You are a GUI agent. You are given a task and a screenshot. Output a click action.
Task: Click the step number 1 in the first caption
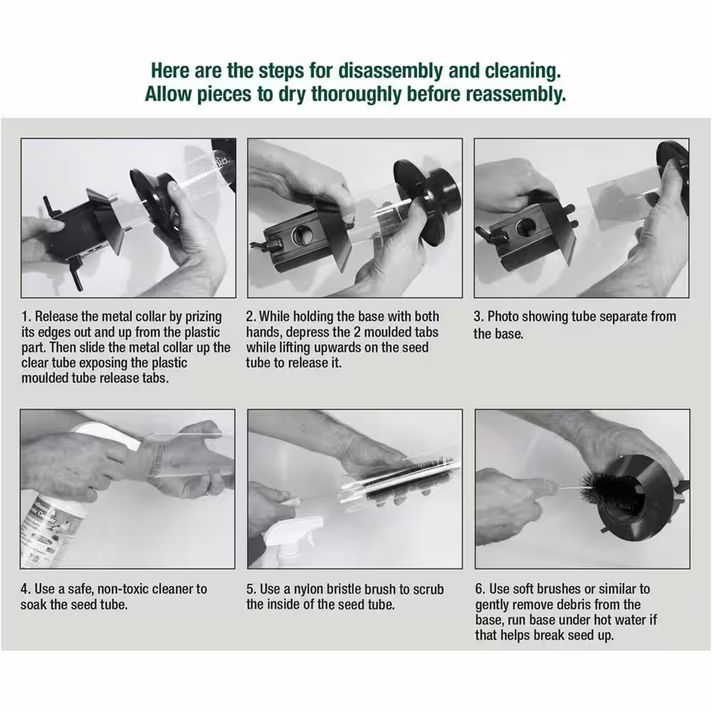pyautogui.click(x=26, y=317)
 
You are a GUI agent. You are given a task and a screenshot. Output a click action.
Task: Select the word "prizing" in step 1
pyautogui.click(x=203, y=318)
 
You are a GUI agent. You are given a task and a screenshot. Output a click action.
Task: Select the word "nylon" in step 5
pyautogui.click(x=308, y=590)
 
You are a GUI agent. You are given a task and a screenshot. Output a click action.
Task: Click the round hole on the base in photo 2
pyautogui.click(x=300, y=235)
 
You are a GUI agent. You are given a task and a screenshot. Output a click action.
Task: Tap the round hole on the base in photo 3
pyautogui.click(x=526, y=227)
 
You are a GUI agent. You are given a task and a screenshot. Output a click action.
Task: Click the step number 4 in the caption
pyautogui.click(x=25, y=589)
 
